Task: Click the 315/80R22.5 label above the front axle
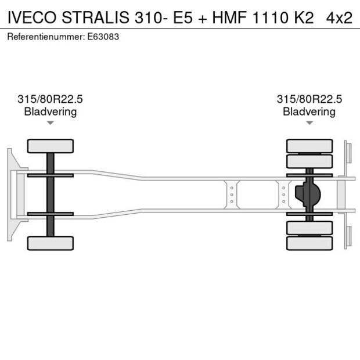pyautogui.click(x=51, y=99)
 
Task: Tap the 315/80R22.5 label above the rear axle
pyautogui.click(x=309, y=99)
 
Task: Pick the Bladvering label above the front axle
pyautogui.click(x=51, y=111)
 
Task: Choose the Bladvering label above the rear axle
pyautogui.click(x=309, y=111)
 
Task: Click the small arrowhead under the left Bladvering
pyautogui.click(x=51, y=123)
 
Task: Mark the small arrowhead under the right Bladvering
pyautogui.click(x=309, y=123)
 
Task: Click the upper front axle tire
pyautogui.click(x=51, y=146)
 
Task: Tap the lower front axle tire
pyautogui.click(x=51, y=243)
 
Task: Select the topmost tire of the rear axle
pyautogui.click(x=309, y=145)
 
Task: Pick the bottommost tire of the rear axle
pyautogui.click(x=309, y=243)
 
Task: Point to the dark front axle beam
pyautogui.click(x=51, y=195)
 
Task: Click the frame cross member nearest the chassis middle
pyautogui.click(x=232, y=195)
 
